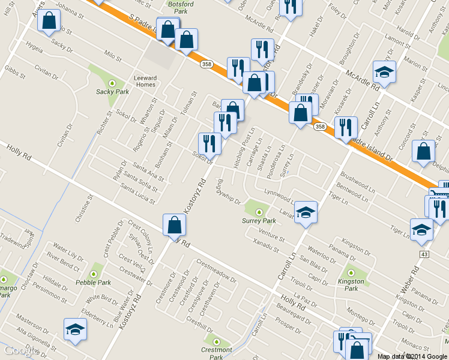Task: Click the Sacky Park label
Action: [112, 92]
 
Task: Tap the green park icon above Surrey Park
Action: [259, 211]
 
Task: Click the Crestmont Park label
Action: [217, 353]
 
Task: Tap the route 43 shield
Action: [424, 254]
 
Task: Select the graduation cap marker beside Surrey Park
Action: [306, 212]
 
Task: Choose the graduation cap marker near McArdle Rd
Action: [384, 73]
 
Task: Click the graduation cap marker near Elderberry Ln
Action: [75, 329]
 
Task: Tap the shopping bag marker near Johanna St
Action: [48, 21]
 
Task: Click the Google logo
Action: [19, 352]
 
